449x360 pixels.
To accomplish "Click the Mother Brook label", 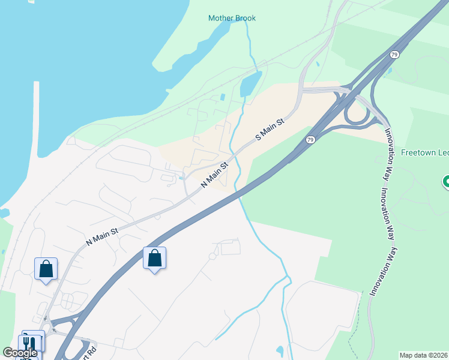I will click(232, 18).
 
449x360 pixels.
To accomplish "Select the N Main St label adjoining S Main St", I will click(215, 175).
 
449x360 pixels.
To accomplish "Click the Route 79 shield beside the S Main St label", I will click(310, 140).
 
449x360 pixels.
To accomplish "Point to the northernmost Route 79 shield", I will click(394, 55).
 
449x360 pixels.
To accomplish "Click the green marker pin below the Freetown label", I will click(446, 181).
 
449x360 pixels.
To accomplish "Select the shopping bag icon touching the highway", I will click(155, 259).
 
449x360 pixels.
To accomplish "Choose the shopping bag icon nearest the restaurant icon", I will click(46, 269).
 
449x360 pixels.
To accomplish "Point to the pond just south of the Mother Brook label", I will click(250, 85).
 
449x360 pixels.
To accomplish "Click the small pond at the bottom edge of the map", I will click(280, 350).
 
